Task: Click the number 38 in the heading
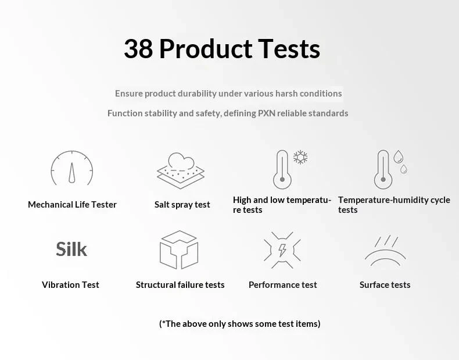[x=138, y=49]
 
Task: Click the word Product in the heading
[x=206, y=49]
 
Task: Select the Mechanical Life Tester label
[x=72, y=205]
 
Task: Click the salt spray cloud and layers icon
[x=181, y=170]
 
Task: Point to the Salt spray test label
[x=182, y=205]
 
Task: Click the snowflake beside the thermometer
[x=300, y=157]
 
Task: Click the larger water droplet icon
[x=398, y=156]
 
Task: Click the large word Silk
[x=71, y=249]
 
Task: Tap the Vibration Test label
[x=70, y=285]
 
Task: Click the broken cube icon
[x=179, y=249]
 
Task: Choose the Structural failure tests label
[x=180, y=285]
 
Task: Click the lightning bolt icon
[x=282, y=250]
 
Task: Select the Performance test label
[x=283, y=285]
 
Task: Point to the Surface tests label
[x=385, y=285]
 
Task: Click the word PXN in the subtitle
[x=266, y=113]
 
